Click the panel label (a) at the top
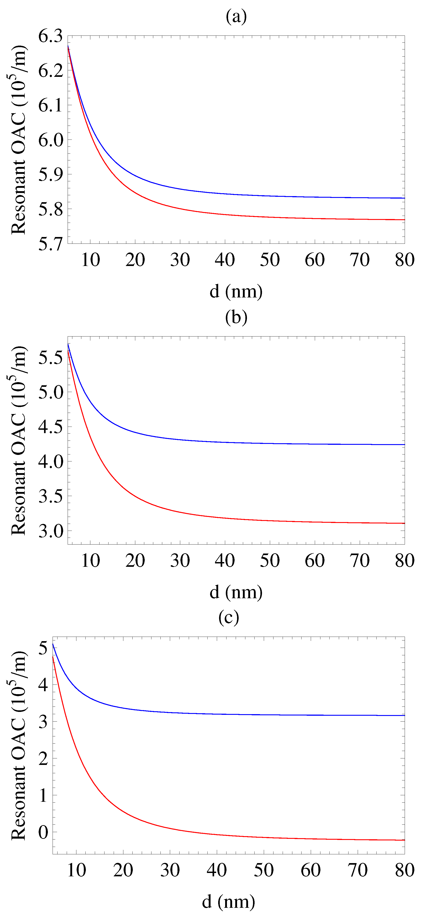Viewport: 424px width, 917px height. tap(236, 16)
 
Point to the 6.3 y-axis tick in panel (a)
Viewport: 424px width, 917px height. tap(50, 36)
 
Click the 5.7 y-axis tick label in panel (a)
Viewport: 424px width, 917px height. tap(50, 244)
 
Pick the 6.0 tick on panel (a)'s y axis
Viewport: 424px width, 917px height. tap(50, 140)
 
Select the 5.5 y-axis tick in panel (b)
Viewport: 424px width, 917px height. tap(50, 358)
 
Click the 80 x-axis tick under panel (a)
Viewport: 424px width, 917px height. tap(404, 260)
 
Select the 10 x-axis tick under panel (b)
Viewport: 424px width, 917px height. tap(90, 561)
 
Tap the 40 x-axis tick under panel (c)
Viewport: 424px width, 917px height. tap(217, 870)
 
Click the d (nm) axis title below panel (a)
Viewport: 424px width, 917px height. tap(236, 292)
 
